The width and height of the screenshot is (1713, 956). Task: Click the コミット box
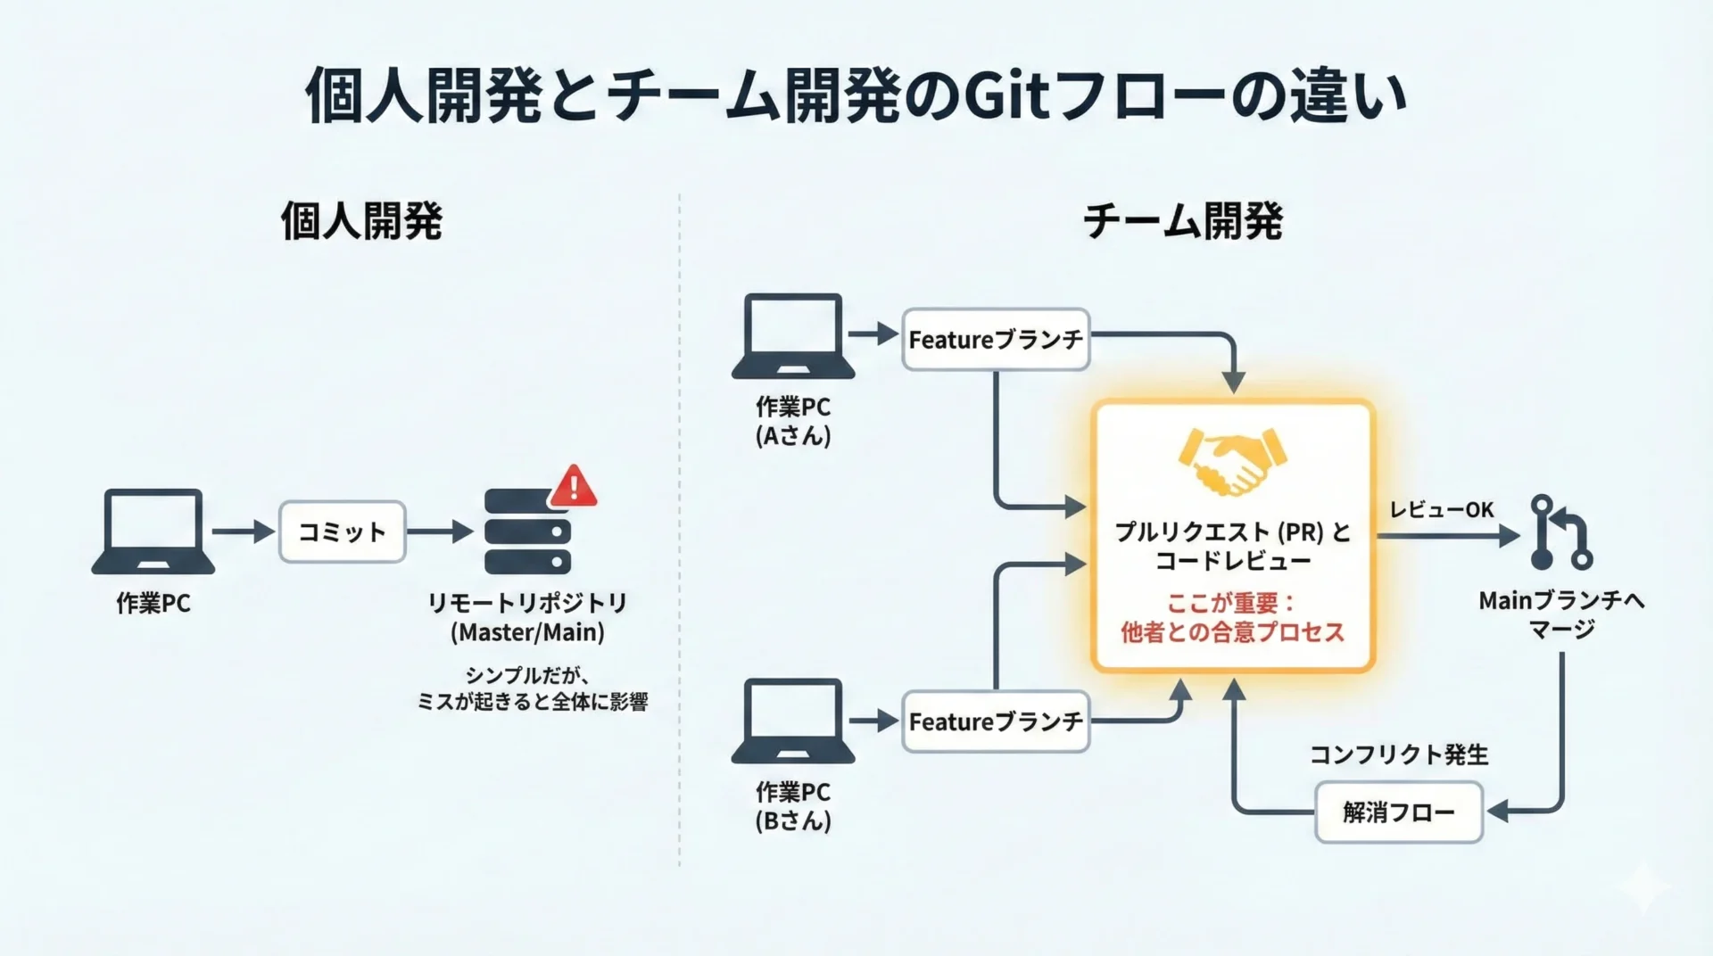(x=343, y=532)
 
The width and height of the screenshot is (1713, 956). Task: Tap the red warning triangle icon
(x=574, y=486)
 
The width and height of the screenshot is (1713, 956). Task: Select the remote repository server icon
(x=526, y=532)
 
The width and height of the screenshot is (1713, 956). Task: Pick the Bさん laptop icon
(x=793, y=721)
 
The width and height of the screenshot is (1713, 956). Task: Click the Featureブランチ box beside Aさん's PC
(x=996, y=340)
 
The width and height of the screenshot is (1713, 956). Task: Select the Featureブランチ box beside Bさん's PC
(x=996, y=721)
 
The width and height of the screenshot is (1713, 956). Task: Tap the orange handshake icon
(x=1232, y=462)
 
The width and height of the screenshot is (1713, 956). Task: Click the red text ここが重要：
(x=1231, y=603)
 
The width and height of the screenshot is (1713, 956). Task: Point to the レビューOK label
(x=1441, y=509)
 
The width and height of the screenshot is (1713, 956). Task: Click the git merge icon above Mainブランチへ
(x=1560, y=532)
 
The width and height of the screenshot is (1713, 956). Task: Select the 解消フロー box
(x=1398, y=812)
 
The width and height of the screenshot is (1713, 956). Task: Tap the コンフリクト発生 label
(x=1398, y=754)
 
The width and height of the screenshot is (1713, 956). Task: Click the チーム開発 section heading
(x=1182, y=221)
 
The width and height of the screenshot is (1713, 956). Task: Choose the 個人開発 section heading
(x=361, y=221)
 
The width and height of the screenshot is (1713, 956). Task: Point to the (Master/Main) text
(x=527, y=632)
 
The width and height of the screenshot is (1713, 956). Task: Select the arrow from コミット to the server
(x=440, y=532)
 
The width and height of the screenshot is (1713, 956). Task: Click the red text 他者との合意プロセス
(x=1232, y=632)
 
